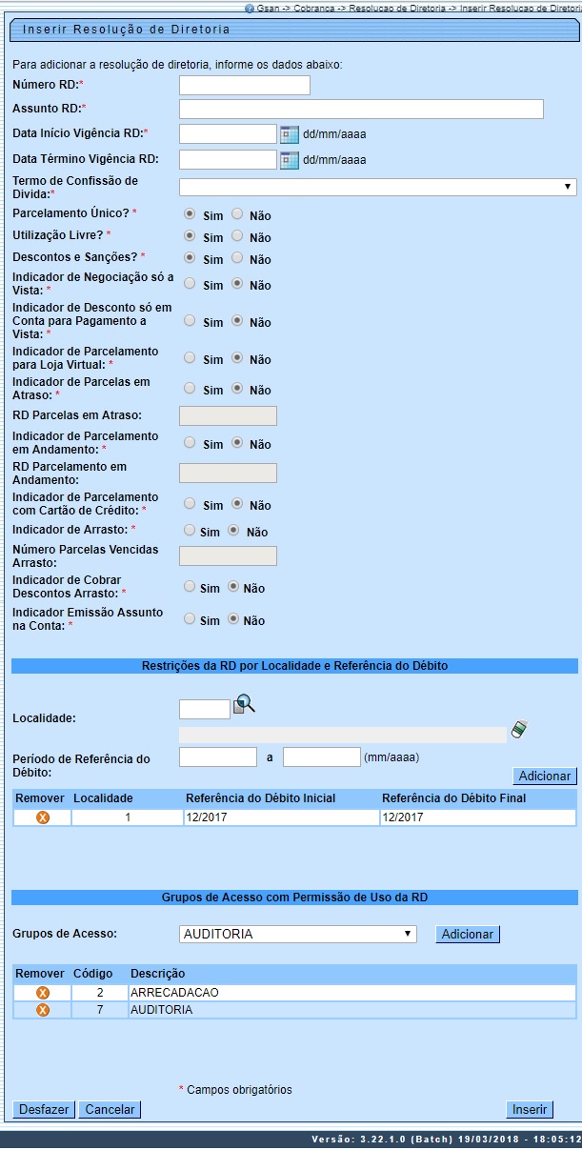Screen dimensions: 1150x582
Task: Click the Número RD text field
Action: tap(245, 86)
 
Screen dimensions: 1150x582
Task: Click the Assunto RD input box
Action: tap(361, 109)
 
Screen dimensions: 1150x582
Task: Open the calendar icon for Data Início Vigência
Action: tap(290, 134)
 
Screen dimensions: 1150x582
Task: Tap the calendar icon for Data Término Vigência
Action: tap(290, 159)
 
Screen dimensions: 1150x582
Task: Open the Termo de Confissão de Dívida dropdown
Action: tap(377, 188)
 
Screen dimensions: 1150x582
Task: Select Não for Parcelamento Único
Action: tap(238, 214)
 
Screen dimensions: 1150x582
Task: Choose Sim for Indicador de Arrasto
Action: tap(190, 531)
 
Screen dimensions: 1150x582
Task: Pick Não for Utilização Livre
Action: tap(238, 235)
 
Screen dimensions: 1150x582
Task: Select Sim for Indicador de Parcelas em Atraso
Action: tap(190, 389)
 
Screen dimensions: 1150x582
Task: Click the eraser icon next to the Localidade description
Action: tap(519, 730)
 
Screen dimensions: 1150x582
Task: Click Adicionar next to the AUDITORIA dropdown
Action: tap(468, 935)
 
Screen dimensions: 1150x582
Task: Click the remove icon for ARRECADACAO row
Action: tap(42, 993)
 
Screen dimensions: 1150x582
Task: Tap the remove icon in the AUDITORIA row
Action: tap(42, 1010)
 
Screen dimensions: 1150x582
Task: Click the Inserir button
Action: tap(530, 1110)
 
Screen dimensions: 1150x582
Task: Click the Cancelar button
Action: tap(110, 1110)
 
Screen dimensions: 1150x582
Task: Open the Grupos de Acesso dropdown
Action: tap(297, 935)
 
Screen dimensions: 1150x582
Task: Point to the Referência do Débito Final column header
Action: tap(453, 798)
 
